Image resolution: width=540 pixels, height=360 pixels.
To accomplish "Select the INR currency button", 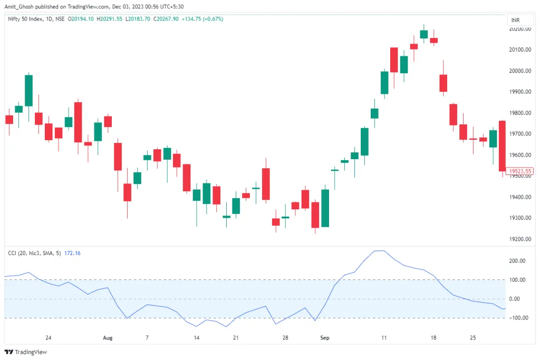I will [515, 20].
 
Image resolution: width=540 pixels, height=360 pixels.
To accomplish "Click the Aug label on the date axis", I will [108, 337].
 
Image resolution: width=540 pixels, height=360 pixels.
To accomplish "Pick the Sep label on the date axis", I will [325, 337].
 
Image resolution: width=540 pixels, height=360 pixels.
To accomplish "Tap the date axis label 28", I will [285, 337].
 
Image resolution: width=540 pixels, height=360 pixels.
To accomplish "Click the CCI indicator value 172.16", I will [72, 254].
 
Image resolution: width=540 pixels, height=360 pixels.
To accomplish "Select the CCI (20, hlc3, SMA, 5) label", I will [34, 254].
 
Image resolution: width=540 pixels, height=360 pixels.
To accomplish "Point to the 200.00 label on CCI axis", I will [517, 261].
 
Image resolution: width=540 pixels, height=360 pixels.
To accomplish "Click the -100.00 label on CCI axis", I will [516, 318].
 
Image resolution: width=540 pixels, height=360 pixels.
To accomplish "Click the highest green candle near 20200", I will [423, 34].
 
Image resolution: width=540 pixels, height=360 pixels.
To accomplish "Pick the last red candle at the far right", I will [502, 146].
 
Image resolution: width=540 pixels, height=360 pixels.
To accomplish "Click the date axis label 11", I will [384, 337].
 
